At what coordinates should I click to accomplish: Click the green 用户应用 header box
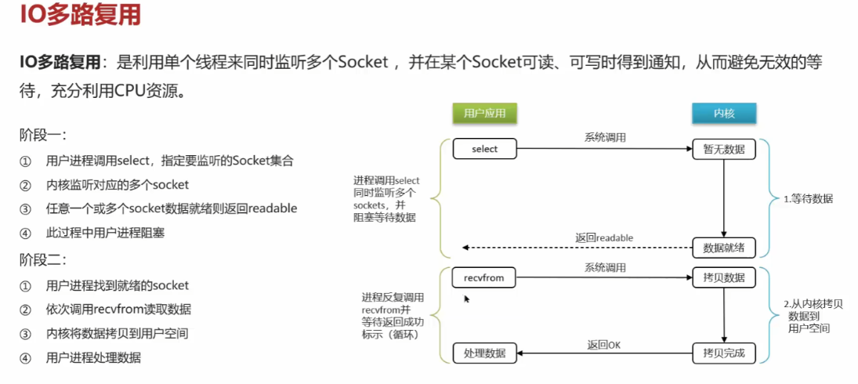coord(485,114)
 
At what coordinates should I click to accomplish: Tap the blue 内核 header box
coord(723,114)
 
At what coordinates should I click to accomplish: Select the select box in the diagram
coord(485,149)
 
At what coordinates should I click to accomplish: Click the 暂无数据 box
coord(723,149)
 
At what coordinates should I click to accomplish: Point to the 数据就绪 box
coord(723,248)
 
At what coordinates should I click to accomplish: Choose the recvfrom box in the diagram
coord(485,277)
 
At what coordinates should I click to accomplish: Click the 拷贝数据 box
coord(723,277)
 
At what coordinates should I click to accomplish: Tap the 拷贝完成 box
coord(723,353)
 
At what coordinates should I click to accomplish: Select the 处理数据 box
coord(485,353)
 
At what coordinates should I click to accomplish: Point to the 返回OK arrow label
coord(604,344)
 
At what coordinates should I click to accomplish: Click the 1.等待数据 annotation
coord(807,199)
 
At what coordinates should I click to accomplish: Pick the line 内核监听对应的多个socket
coord(118,185)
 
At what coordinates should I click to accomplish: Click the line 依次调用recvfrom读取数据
coord(118,309)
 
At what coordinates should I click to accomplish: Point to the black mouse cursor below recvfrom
coord(467,298)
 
